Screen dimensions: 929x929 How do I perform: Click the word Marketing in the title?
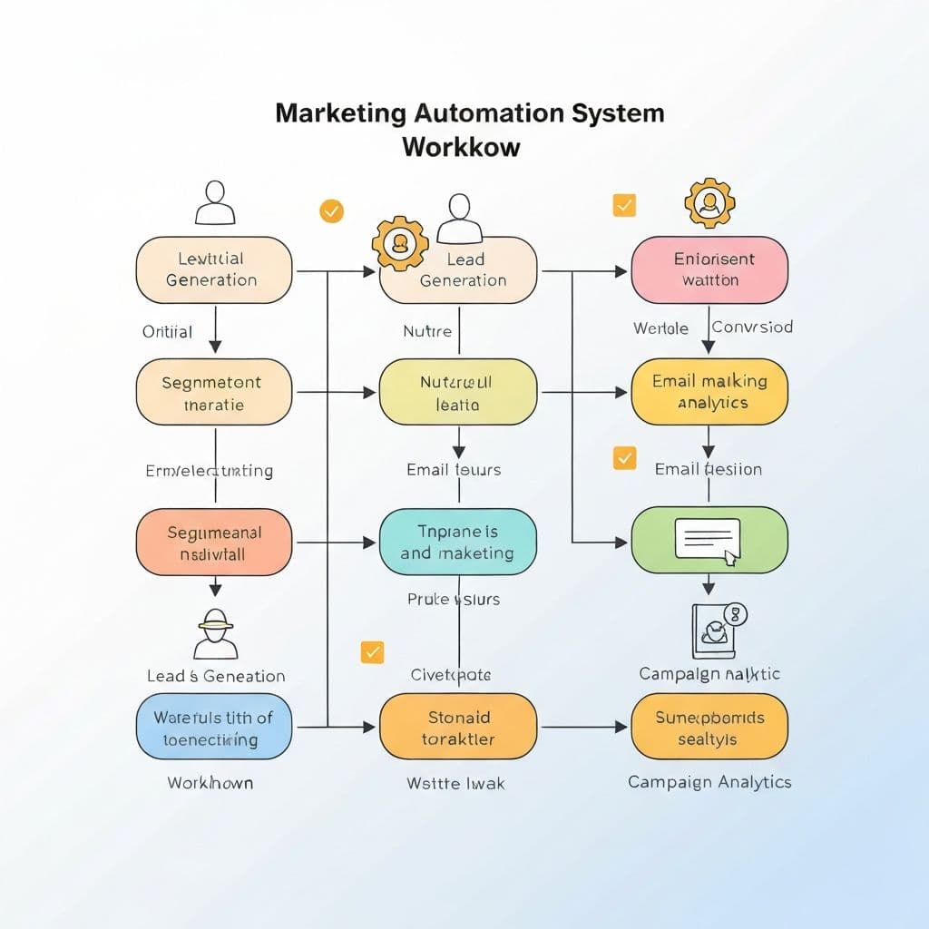341,113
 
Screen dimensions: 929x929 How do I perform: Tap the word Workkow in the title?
461,146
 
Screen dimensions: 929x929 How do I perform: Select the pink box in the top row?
709,269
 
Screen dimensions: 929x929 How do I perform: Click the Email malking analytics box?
709,392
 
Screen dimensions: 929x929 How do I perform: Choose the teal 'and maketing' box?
457,542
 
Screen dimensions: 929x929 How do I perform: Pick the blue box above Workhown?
213,728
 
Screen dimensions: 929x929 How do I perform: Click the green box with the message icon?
709,540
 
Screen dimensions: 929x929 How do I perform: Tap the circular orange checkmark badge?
332,211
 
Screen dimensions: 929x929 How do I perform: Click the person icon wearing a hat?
216,633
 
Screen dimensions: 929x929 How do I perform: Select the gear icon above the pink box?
709,203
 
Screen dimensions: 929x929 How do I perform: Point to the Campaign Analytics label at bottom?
709,782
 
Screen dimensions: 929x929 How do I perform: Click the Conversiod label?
752,327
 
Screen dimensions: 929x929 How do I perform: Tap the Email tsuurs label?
454,470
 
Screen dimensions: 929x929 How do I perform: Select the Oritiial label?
167,332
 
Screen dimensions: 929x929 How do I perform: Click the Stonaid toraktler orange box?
457,728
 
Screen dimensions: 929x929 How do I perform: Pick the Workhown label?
210,782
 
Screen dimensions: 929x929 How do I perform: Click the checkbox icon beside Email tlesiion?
624,457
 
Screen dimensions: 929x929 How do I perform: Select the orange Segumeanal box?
213,542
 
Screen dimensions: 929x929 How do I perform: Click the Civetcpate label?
451,675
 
